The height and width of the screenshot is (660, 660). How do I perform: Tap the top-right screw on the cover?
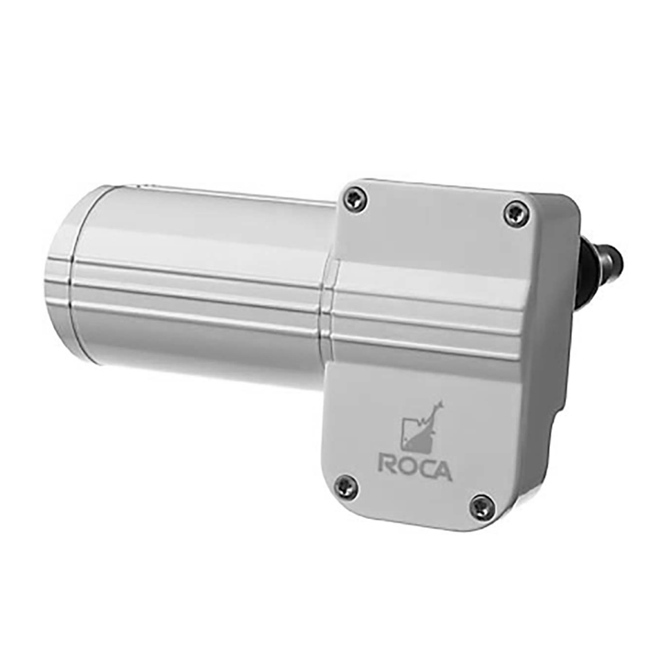[x=515, y=214]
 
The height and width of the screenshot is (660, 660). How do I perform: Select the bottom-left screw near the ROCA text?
[x=346, y=486]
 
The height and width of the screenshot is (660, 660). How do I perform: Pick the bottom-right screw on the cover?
[x=481, y=506]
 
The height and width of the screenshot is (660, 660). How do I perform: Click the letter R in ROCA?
[x=389, y=465]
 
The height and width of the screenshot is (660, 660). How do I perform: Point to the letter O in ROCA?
[x=409, y=467]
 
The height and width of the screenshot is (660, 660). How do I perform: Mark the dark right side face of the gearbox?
[x=561, y=367]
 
